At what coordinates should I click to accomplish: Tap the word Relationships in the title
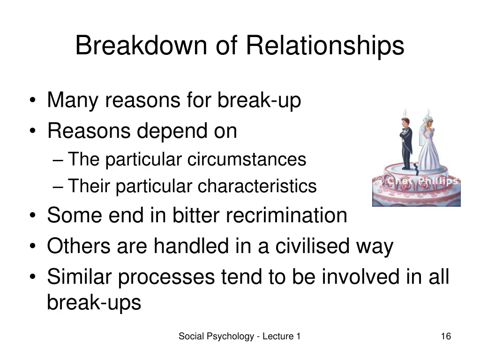pos(324,46)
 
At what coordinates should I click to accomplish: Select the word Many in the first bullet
pos(74,100)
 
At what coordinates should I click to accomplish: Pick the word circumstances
pos(247,159)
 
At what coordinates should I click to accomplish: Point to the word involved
pos(371,277)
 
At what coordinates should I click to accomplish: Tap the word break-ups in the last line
pos(94,303)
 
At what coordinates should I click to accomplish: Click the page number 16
pos(446,336)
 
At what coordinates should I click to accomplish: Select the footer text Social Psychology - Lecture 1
pos(240,336)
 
